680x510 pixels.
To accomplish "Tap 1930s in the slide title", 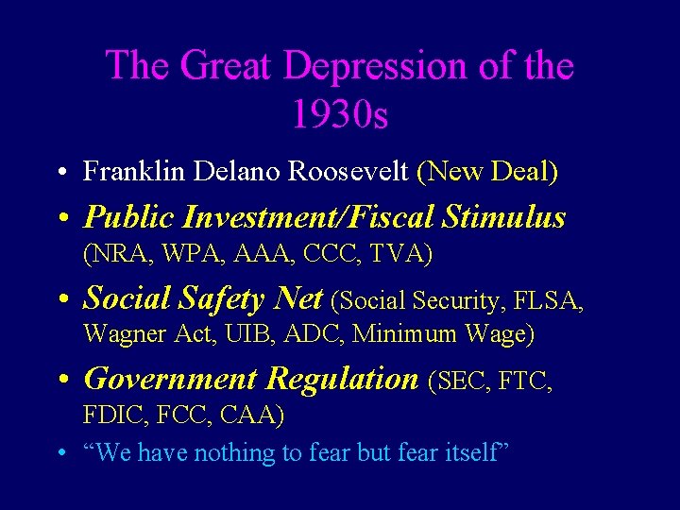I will coord(340,115).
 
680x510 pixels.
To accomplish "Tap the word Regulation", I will coord(343,379).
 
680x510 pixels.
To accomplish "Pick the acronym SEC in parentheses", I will coord(463,382).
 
